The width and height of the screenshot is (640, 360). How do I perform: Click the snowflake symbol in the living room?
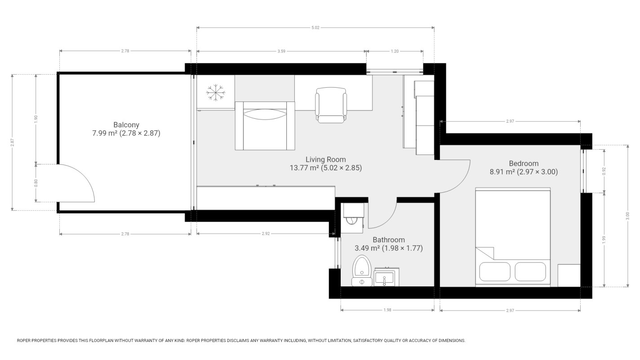click(215, 93)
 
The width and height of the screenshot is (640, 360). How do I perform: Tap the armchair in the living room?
click(331, 105)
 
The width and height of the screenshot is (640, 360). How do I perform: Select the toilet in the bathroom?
click(362, 271)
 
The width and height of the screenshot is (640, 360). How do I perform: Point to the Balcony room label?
click(126, 125)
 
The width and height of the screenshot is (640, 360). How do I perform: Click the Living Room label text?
click(326, 160)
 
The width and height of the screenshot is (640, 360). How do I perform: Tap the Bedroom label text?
click(524, 164)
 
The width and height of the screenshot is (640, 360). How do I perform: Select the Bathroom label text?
click(389, 240)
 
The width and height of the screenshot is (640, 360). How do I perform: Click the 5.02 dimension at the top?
click(315, 28)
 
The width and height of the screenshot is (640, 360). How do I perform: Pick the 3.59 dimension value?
click(281, 51)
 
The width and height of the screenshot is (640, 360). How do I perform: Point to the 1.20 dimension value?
click(395, 51)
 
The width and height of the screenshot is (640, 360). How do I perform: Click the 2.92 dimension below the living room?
click(266, 234)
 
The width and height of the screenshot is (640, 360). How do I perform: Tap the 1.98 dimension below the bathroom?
click(387, 310)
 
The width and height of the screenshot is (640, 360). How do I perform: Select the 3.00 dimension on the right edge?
click(627, 216)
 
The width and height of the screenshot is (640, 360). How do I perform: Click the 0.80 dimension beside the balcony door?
click(36, 183)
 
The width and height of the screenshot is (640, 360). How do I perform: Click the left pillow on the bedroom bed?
click(494, 271)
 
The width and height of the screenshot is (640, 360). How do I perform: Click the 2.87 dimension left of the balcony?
click(12, 142)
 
